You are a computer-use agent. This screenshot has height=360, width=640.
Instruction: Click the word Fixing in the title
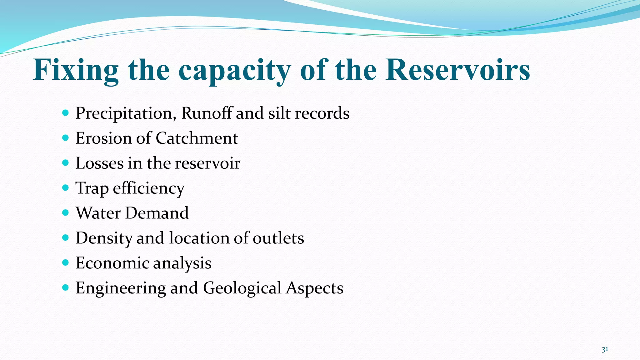click(76, 70)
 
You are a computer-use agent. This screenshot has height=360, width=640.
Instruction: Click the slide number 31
click(605, 349)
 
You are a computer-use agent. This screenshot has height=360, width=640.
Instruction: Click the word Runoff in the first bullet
click(207, 113)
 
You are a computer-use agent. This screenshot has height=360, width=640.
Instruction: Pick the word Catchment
click(197, 138)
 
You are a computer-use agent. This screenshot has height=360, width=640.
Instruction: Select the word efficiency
click(148, 188)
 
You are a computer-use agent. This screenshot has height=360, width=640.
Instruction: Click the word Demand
click(157, 213)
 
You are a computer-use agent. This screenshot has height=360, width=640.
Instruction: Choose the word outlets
click(278, 238)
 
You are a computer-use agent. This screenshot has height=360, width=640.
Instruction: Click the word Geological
click(242, 288)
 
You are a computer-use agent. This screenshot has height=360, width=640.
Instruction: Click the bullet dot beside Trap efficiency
click(65, 188)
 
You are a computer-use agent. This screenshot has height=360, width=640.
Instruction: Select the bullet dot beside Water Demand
click(65, 213)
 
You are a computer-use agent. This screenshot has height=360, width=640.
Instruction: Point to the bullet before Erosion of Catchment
click(65, 138)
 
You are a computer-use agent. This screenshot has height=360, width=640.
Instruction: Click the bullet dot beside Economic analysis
click(65, 263)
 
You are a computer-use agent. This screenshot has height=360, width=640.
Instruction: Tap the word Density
click(104, 238)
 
